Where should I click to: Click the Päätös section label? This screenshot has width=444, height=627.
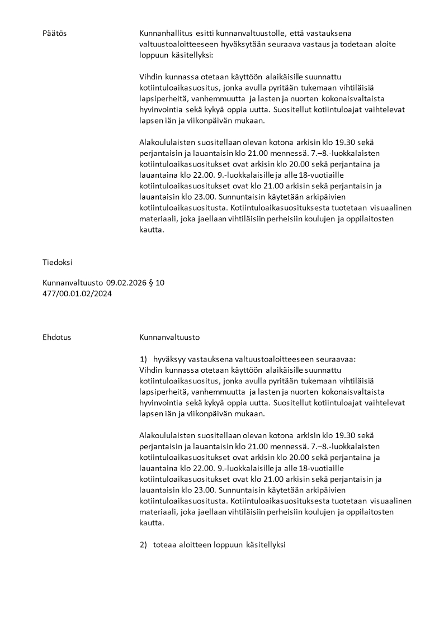click(54, 34)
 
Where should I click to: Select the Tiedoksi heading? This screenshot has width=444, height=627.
click(58, 262)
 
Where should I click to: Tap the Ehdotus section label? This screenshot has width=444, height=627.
click(56, 338)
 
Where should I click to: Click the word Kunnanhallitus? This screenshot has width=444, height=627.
click(166, 34)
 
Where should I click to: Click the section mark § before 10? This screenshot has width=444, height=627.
click(152, 283)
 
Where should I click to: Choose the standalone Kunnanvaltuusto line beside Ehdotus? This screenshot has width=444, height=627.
click(169, 338)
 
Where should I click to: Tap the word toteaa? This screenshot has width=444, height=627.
click(165, 545)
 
